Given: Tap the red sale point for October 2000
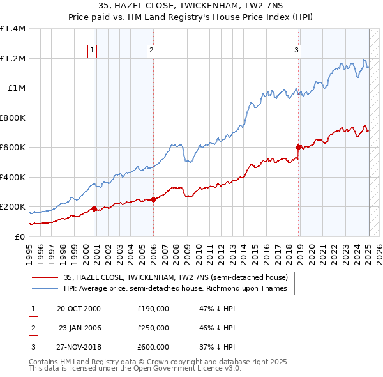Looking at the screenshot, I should (x=94, y=208).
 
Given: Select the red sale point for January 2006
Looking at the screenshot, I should (x=154, y=199).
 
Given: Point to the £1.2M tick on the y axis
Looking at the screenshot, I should (x=13, y=58).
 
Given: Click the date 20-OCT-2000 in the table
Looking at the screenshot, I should (x=79, y=309).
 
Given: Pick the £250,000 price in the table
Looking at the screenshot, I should (x=153, y=328).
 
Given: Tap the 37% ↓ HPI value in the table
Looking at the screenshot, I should (x=218, y=347).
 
